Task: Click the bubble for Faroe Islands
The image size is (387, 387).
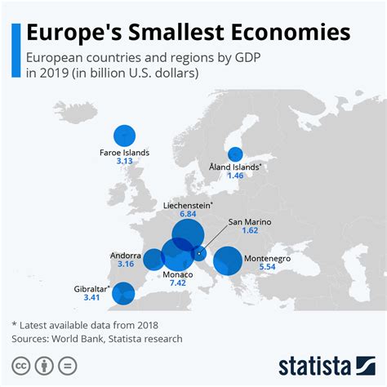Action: (x=124, y=136)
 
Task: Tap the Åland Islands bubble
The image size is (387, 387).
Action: (x=235, y=153)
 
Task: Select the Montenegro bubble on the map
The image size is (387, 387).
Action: (x=227, y=262)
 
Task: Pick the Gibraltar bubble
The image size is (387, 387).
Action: (x=123, y=291)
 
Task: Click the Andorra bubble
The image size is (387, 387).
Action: (x=153, y=260)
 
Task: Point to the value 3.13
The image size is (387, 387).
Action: (x=124, y=162)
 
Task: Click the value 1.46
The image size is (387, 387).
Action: (x=235, y=176)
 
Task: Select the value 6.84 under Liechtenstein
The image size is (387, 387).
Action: (x=188, y=215)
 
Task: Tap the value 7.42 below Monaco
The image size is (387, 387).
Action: (x=178, y=283)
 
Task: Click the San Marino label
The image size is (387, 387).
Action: (x=249, y=221)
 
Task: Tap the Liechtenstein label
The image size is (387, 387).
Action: (x=186, y=205)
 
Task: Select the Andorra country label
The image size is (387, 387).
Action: (x=126, y=255)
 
